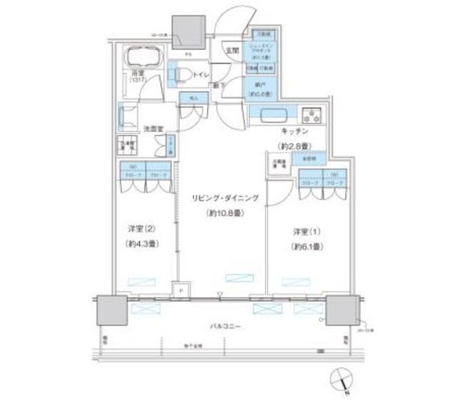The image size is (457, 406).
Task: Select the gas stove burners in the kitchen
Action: [x=312, y=115]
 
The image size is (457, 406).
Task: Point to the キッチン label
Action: [x=293, y=132]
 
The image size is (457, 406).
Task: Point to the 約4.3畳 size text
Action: [x=141, y=244]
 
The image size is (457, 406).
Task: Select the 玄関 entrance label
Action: [x=233, y=50]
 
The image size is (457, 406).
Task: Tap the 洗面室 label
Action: [x=153, y=129]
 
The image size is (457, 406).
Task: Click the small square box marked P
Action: [x=181, y=291]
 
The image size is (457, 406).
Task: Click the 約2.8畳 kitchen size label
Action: [x=293, y=146]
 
